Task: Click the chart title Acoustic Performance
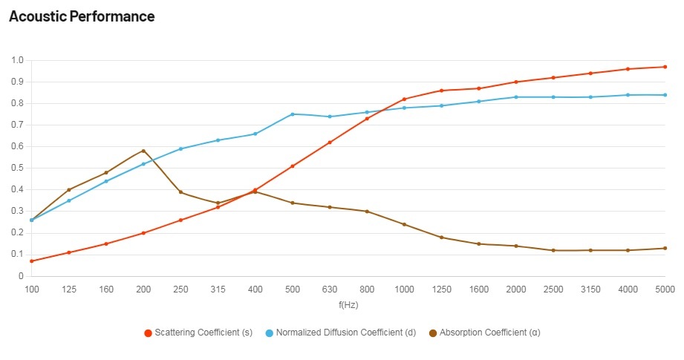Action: [82, 16]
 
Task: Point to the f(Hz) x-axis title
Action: [348, 304]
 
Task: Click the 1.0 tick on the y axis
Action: [18, 60]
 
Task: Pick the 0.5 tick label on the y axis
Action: [18, 168]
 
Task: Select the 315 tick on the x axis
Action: [218, 289]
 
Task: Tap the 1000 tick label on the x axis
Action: [404, 289]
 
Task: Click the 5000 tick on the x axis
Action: [665, 289]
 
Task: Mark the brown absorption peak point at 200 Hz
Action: [143, 151]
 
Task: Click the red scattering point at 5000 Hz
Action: [665, 67]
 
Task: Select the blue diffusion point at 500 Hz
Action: [293, 114]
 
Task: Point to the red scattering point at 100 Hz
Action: [32, 261]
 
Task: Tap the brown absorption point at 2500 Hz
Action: [553, 250]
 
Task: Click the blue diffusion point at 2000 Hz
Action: [516, 97]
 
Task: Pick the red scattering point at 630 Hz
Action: [330, 143]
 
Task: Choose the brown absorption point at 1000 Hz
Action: [404, 224]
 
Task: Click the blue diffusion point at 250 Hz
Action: [180, 149]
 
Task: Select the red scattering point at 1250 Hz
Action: [441, 91]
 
